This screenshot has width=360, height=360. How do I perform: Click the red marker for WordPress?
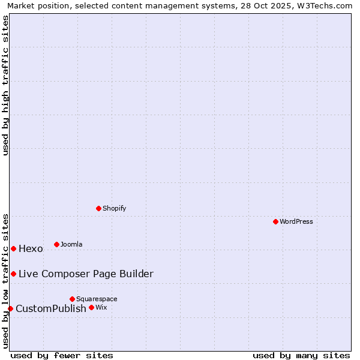click(x=275, y=221)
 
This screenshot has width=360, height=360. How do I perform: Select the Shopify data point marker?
click(x=98, y=208)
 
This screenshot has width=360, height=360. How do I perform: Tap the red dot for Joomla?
click(x=56, y=244)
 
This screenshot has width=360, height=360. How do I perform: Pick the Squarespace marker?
click(x=72, y=299)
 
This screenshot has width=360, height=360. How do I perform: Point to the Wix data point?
click(x=91, y=307)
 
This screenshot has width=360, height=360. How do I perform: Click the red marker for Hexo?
click(x=13, y=248)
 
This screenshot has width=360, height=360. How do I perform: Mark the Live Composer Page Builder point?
click(x=13, y=274)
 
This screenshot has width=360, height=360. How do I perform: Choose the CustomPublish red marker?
click(x=10, y=308)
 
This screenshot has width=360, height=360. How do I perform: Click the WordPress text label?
click(x=296, y=221)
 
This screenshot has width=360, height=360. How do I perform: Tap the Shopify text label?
click(x=114, y=208)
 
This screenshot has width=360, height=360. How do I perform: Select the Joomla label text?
click(x=71, y=244)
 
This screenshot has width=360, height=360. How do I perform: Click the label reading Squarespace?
click(x=97, y=299)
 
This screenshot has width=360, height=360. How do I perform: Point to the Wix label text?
click(x=101, y=307)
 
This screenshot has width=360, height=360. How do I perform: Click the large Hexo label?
click(x=31, y=249)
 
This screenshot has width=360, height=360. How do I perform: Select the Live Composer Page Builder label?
click(x=86, y=274)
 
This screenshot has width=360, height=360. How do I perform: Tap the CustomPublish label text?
click(x=51, y=309)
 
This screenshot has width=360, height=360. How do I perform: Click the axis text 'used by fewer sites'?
click(x=62, y=355)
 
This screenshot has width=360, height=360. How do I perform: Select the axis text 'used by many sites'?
click(x=301, y=355)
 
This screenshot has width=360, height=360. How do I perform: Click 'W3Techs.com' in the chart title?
click(x=323, y=5)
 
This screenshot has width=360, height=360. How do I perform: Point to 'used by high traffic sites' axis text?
click(x=6, y=85)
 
